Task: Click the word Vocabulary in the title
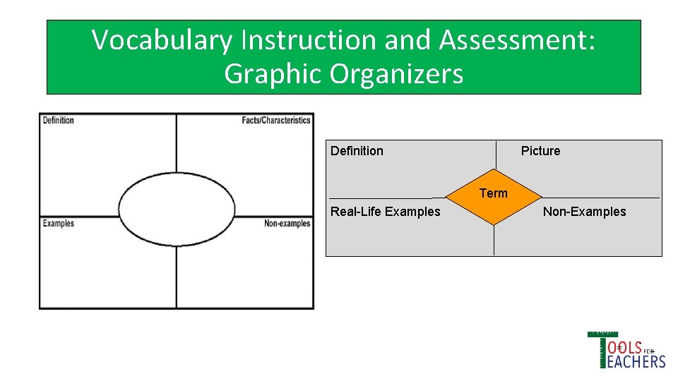[162, 41]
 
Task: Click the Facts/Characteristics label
[275, 121]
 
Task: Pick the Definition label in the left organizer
[59, 121]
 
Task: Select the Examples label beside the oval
[59, 224]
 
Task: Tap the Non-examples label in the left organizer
[287, 224]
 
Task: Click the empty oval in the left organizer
[177, 209]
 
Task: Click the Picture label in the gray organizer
[540, 151]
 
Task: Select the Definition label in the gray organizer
[357, 151]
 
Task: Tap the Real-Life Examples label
[385, 212]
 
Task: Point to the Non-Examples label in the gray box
[584, 212]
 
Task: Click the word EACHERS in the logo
[636, 361]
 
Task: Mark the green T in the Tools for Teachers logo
[602, 349]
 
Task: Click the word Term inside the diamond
[494, 193]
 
